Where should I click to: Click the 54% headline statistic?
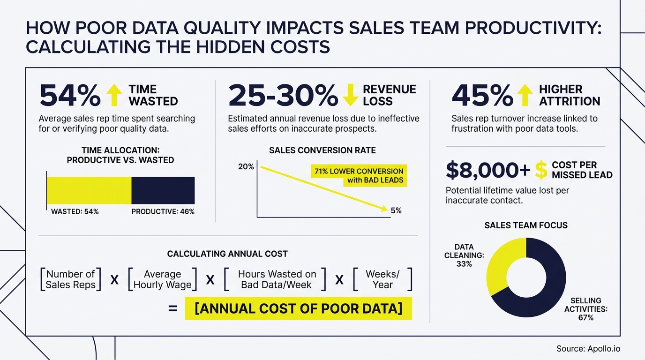(x=70, y=96)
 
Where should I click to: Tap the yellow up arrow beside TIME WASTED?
(x=114, y=95)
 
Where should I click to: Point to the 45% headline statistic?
(x=482, y=96)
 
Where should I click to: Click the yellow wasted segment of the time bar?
(x=89, y=190)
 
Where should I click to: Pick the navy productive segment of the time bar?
(x=163, y=190)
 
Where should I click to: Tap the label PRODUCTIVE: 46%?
(x=163, y=212)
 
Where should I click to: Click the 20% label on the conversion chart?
(x=246, y=167)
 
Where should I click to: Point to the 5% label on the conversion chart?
(x=396, y=211)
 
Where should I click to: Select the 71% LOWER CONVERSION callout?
(x=359, y=176)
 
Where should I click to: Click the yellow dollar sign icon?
(x=541, y=170)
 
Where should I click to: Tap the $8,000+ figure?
(x=488, y=170)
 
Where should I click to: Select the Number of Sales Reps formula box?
(x=71, y=279)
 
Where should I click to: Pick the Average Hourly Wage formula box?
(x=162, y=279)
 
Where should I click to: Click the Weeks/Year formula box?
(x=382, y=279)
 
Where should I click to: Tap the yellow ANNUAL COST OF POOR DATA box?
(x=298, y=309)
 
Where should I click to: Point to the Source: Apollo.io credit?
(x=588, y=349)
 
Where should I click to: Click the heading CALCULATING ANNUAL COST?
(x=227, y=254)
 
